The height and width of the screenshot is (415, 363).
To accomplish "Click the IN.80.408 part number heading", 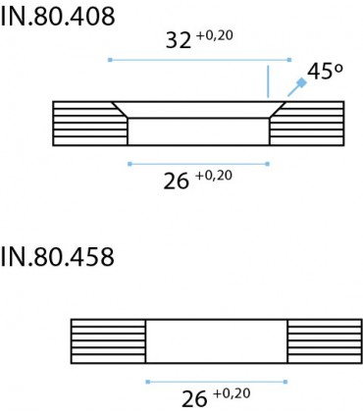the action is pyautogui.click(x=58, y=17).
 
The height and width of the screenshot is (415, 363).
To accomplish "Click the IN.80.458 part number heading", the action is pyautogui.click(x=58, y=257).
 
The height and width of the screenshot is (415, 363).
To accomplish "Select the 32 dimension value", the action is pyautogui.click(x=179, y=41).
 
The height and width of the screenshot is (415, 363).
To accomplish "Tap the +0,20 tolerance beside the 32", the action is pyautogui.click(x=215, y=35).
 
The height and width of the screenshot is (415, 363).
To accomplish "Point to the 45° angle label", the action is pyautogui.click(x=326, y=71).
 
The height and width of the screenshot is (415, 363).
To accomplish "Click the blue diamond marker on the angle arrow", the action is pyautogui.click(x=301, y=83).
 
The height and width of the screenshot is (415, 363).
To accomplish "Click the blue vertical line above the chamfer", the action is pyautogui.click(x=268, y=81).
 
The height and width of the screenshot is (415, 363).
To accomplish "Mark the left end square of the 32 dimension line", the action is pyautogui.click(x=110, y=60).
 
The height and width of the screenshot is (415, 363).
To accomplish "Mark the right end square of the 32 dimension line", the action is pyautogui.click(x=289, y=60).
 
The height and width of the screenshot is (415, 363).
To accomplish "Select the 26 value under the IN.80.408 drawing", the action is pyautogui.click(x=177, y=182).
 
